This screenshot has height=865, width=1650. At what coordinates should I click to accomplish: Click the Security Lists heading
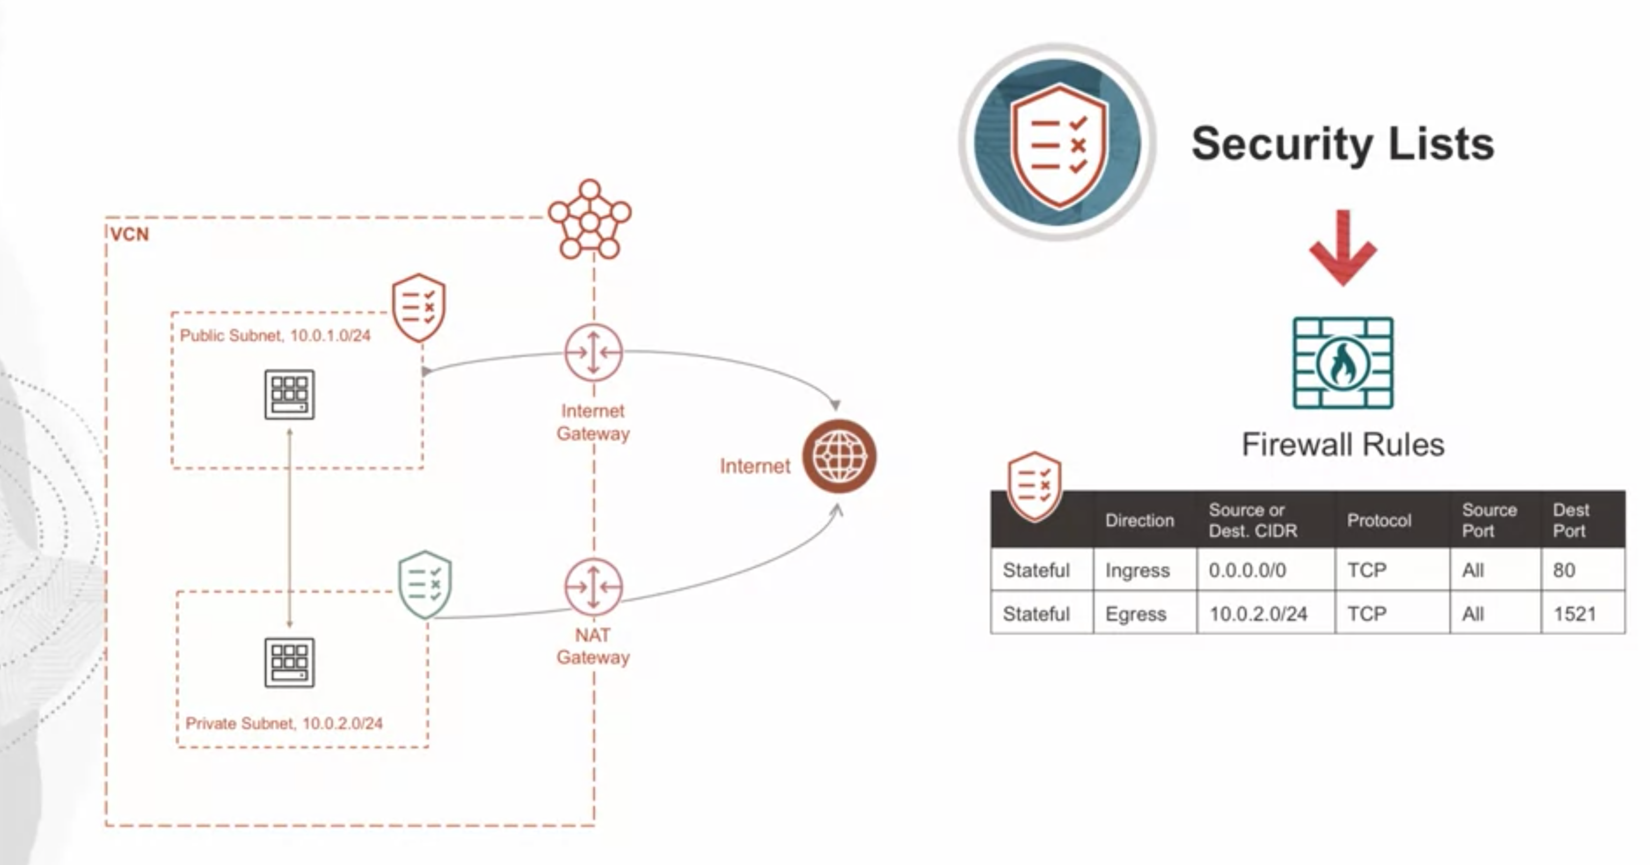point(1343,144)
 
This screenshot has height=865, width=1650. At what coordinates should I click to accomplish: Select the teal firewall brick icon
point(1343,363)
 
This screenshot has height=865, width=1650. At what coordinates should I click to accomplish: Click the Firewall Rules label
point(1343,445)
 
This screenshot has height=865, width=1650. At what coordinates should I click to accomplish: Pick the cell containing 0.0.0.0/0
point(1247,570)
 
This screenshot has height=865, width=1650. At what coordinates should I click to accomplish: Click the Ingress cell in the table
point(1138,570)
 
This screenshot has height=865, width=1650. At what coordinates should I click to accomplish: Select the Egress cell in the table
point(1136,614)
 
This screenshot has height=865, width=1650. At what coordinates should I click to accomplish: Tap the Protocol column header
point(1379,520)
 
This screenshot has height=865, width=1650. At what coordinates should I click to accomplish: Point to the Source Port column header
point(1489,520)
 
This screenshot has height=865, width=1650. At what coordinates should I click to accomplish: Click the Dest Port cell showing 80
point(1564,570)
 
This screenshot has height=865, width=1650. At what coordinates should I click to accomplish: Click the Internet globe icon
point(839,456)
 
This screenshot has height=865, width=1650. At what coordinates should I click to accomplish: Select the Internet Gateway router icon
point(593,353)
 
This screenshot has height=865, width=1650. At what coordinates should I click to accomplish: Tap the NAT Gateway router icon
point(593,587)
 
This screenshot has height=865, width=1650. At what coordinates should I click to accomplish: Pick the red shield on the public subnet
point(419,308)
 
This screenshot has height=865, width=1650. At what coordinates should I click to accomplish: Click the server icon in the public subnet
point(290,394)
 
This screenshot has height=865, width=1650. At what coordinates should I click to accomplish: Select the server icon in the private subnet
point(290,662)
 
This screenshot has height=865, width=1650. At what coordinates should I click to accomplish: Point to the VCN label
point(129,235)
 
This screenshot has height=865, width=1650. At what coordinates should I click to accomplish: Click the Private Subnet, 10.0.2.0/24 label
point(284,723)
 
